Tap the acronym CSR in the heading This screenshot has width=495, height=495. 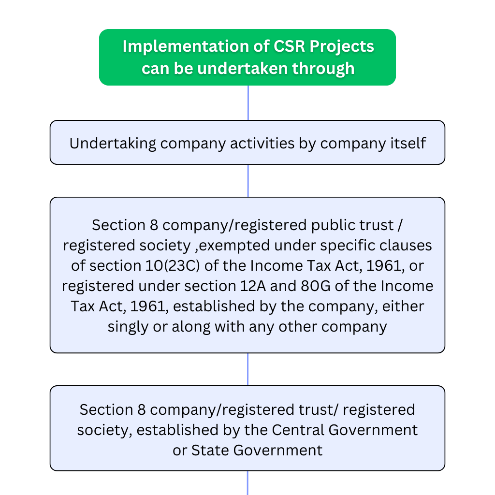pos(289,46)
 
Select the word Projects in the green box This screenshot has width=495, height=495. pos(342,47)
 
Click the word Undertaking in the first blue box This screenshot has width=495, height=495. pos(113,143)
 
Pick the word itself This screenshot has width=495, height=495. pos(408,143)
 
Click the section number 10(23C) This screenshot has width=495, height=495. pos(173,266)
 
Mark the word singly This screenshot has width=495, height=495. pos(128,327)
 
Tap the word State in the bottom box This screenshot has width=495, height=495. pos(210,450)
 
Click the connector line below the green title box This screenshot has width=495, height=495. pos(248,102)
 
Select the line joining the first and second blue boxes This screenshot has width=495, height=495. pos(248,181)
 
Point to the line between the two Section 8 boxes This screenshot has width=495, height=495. pos(248,369)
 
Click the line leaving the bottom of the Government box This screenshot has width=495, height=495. pos(247,483)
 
